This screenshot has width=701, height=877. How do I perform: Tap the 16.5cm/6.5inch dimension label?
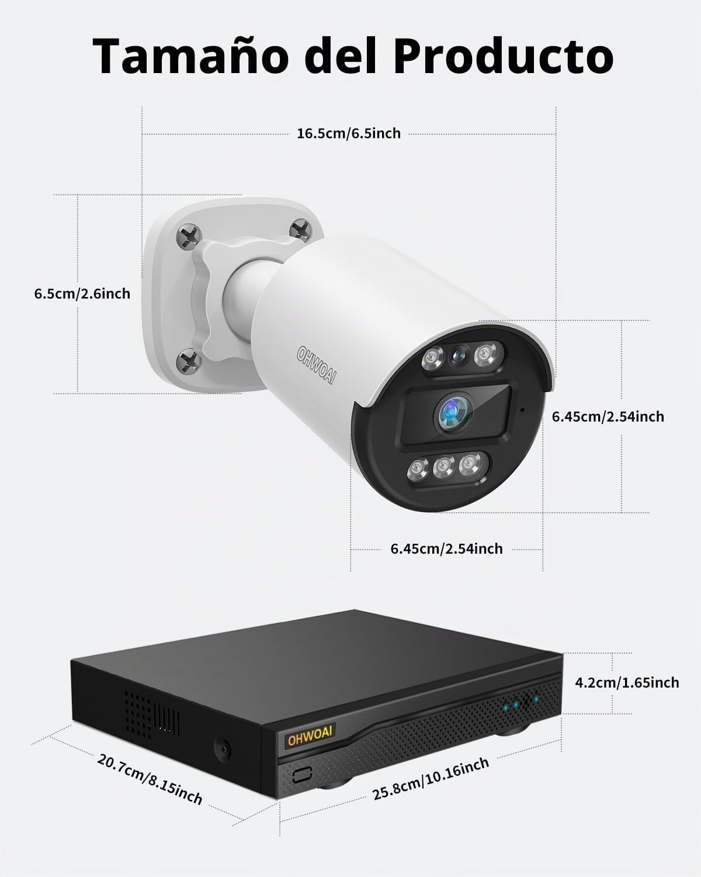pos(349,133)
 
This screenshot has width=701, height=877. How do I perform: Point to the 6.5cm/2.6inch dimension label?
pos(82,294)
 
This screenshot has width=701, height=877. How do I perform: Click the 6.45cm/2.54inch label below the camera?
pos(446,548)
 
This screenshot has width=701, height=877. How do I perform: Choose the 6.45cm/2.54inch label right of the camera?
pos(608,416)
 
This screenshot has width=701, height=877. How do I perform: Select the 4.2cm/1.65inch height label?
pos(627,683)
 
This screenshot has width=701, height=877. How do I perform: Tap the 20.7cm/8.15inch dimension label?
pos(150,779)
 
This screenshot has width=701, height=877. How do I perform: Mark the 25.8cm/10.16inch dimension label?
pos(431,779)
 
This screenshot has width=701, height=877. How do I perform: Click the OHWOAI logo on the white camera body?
pos(317,365)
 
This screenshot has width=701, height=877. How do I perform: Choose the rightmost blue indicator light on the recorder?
pos(536,699)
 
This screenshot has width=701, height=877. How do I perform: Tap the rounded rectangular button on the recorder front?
pos(302,774)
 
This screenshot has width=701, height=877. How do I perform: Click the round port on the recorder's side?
pos(223,747)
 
